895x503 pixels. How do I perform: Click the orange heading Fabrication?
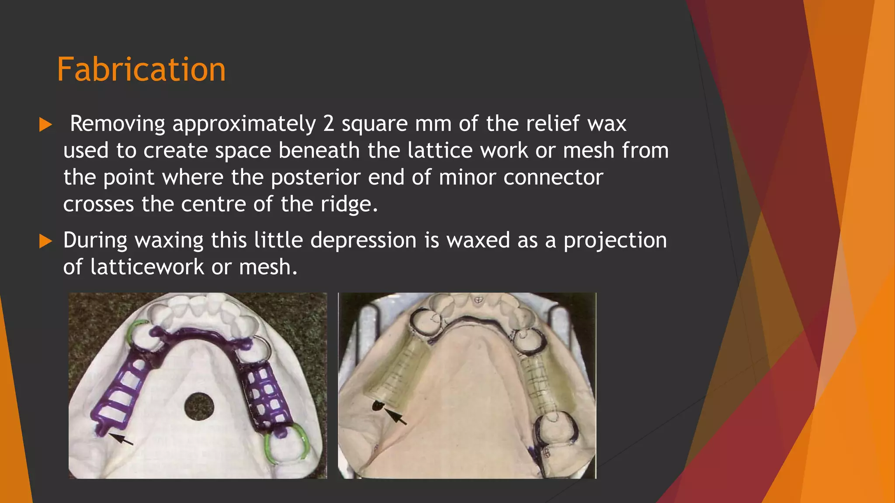pos(141,70)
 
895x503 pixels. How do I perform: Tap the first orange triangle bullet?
pos(45,125)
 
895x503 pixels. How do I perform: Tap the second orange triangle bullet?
pos(45,241)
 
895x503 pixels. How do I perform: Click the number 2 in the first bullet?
pos(328,124)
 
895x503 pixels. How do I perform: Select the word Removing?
pos(118,124)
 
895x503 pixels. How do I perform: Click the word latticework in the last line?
pos(147,267)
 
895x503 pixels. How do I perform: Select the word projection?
pos(615,241)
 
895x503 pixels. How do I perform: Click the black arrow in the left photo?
pos(121,438)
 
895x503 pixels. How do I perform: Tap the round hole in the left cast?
pos(199,407)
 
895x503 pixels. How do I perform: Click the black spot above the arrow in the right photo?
pos(377,406)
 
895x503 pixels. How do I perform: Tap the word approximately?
pos(244,124)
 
